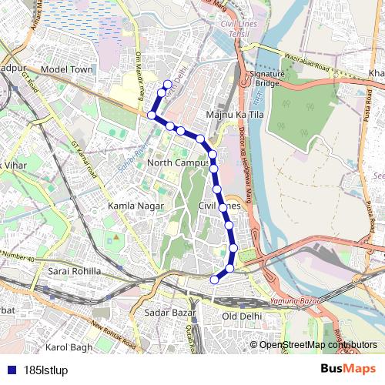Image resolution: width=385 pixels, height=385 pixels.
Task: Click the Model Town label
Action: point(66,69)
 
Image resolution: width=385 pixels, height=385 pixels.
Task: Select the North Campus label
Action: point(178,163)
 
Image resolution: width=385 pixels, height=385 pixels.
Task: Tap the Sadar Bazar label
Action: point(167,313)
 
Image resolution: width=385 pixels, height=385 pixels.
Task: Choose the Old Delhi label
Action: point(243,316)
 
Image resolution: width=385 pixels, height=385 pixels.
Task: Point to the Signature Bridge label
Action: point(266,78)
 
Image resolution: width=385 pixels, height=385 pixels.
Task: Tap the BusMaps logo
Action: point(348,369)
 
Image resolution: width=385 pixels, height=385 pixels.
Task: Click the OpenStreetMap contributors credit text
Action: point(318,344)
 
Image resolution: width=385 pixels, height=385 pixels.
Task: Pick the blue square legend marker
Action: point(8,369)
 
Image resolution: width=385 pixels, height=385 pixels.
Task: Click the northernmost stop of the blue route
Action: point(168,84)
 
